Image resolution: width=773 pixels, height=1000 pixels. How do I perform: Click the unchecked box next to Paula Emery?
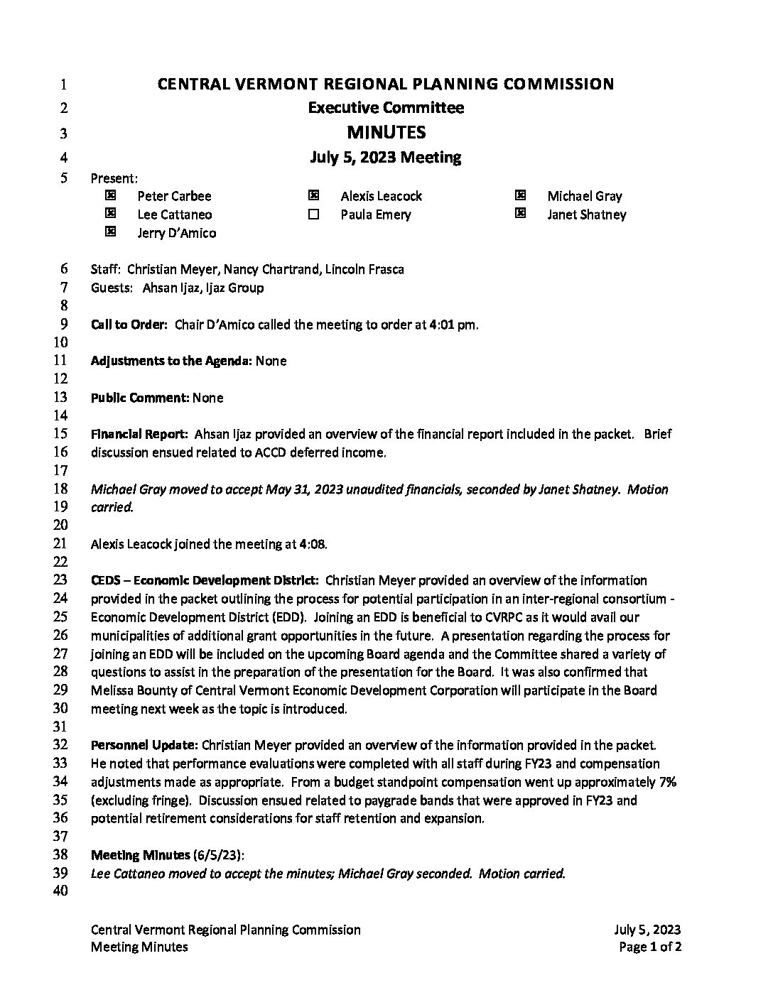pos(313,214)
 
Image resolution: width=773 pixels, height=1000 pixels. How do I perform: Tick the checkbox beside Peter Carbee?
pos(110,195)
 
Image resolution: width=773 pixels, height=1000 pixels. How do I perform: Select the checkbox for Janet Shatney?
pos(520,214)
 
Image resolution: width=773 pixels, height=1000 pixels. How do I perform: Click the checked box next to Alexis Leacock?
pos(313,195)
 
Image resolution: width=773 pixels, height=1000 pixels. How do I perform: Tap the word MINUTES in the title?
pos(386,132)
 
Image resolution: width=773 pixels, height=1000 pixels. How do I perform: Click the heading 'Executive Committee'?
pos(386,108)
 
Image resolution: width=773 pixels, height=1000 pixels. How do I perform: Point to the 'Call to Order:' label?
pos(129,325)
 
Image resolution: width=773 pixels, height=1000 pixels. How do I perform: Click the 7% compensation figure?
pos(667,782)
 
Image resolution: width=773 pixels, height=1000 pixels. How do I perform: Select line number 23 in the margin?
pos(60,580)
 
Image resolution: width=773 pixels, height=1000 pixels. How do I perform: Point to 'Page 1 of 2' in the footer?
pos(650,947)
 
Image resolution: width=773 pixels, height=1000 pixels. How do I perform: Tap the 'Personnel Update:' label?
pos(144,746)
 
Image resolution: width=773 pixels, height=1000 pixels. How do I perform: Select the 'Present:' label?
pos(114,178)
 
